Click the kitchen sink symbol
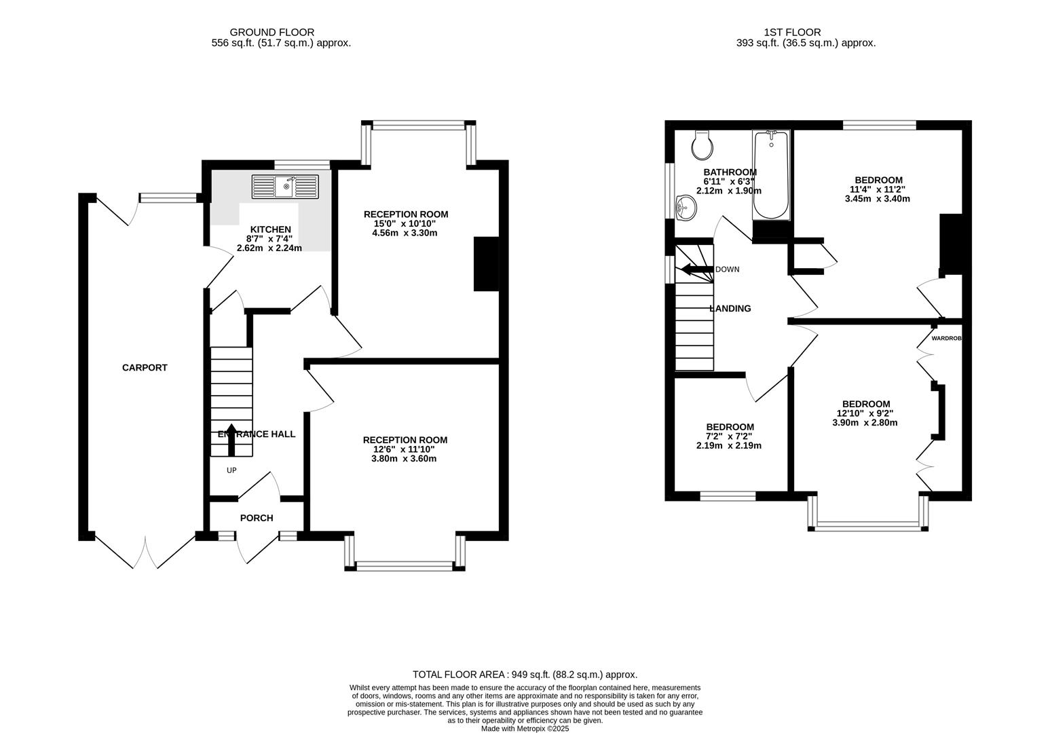coord(285,187)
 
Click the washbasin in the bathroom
coord(686,206)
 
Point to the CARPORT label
coord(145,368)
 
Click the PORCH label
coord(257,518)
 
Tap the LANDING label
coord(730,308)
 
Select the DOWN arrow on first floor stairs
coord(695,269)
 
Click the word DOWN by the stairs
coord(727,269)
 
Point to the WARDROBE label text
coord(946,338)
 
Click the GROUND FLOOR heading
coord(271,32)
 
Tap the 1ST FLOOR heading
coord(792,32)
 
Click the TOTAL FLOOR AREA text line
coord(525,675)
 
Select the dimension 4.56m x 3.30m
coord(405,233)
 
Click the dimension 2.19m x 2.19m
coord(729,446)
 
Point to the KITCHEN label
coord(271,229)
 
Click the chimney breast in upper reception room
coord(486,264)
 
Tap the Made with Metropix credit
coord(525,729)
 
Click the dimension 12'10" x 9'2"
coord(865,413)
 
